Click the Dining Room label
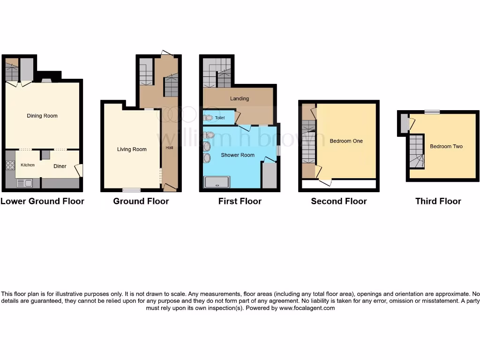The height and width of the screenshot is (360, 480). tap(42, 116)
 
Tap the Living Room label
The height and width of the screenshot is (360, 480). tap(132, 150)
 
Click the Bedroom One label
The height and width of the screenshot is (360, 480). tap(346, 141)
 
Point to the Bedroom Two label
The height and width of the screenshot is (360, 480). tap(446, 146)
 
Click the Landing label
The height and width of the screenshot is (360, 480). tap(239, 98)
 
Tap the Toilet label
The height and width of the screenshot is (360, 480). tap(220, 118)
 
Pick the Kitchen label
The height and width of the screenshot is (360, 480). tap(27, 165)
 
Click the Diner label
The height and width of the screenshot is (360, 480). tap(60, 166)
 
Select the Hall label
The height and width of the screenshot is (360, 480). tap(169, 148)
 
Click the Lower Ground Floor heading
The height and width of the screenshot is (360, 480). tap(42, 201)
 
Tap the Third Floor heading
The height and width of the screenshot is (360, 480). tap(438, 201)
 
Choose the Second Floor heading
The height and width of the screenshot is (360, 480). tap(339, 201)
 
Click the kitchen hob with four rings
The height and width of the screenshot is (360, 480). tap(10, 165)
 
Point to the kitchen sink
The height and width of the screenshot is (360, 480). tap(23, 183)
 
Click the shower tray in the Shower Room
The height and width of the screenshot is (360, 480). tap(217, 182)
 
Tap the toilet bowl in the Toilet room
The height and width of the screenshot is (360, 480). tap(209, 118)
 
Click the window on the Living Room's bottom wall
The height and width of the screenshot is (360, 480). tap(131, 190)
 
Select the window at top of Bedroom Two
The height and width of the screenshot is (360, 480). tap(432, 112)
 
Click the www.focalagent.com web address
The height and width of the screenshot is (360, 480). tap(307, 308)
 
